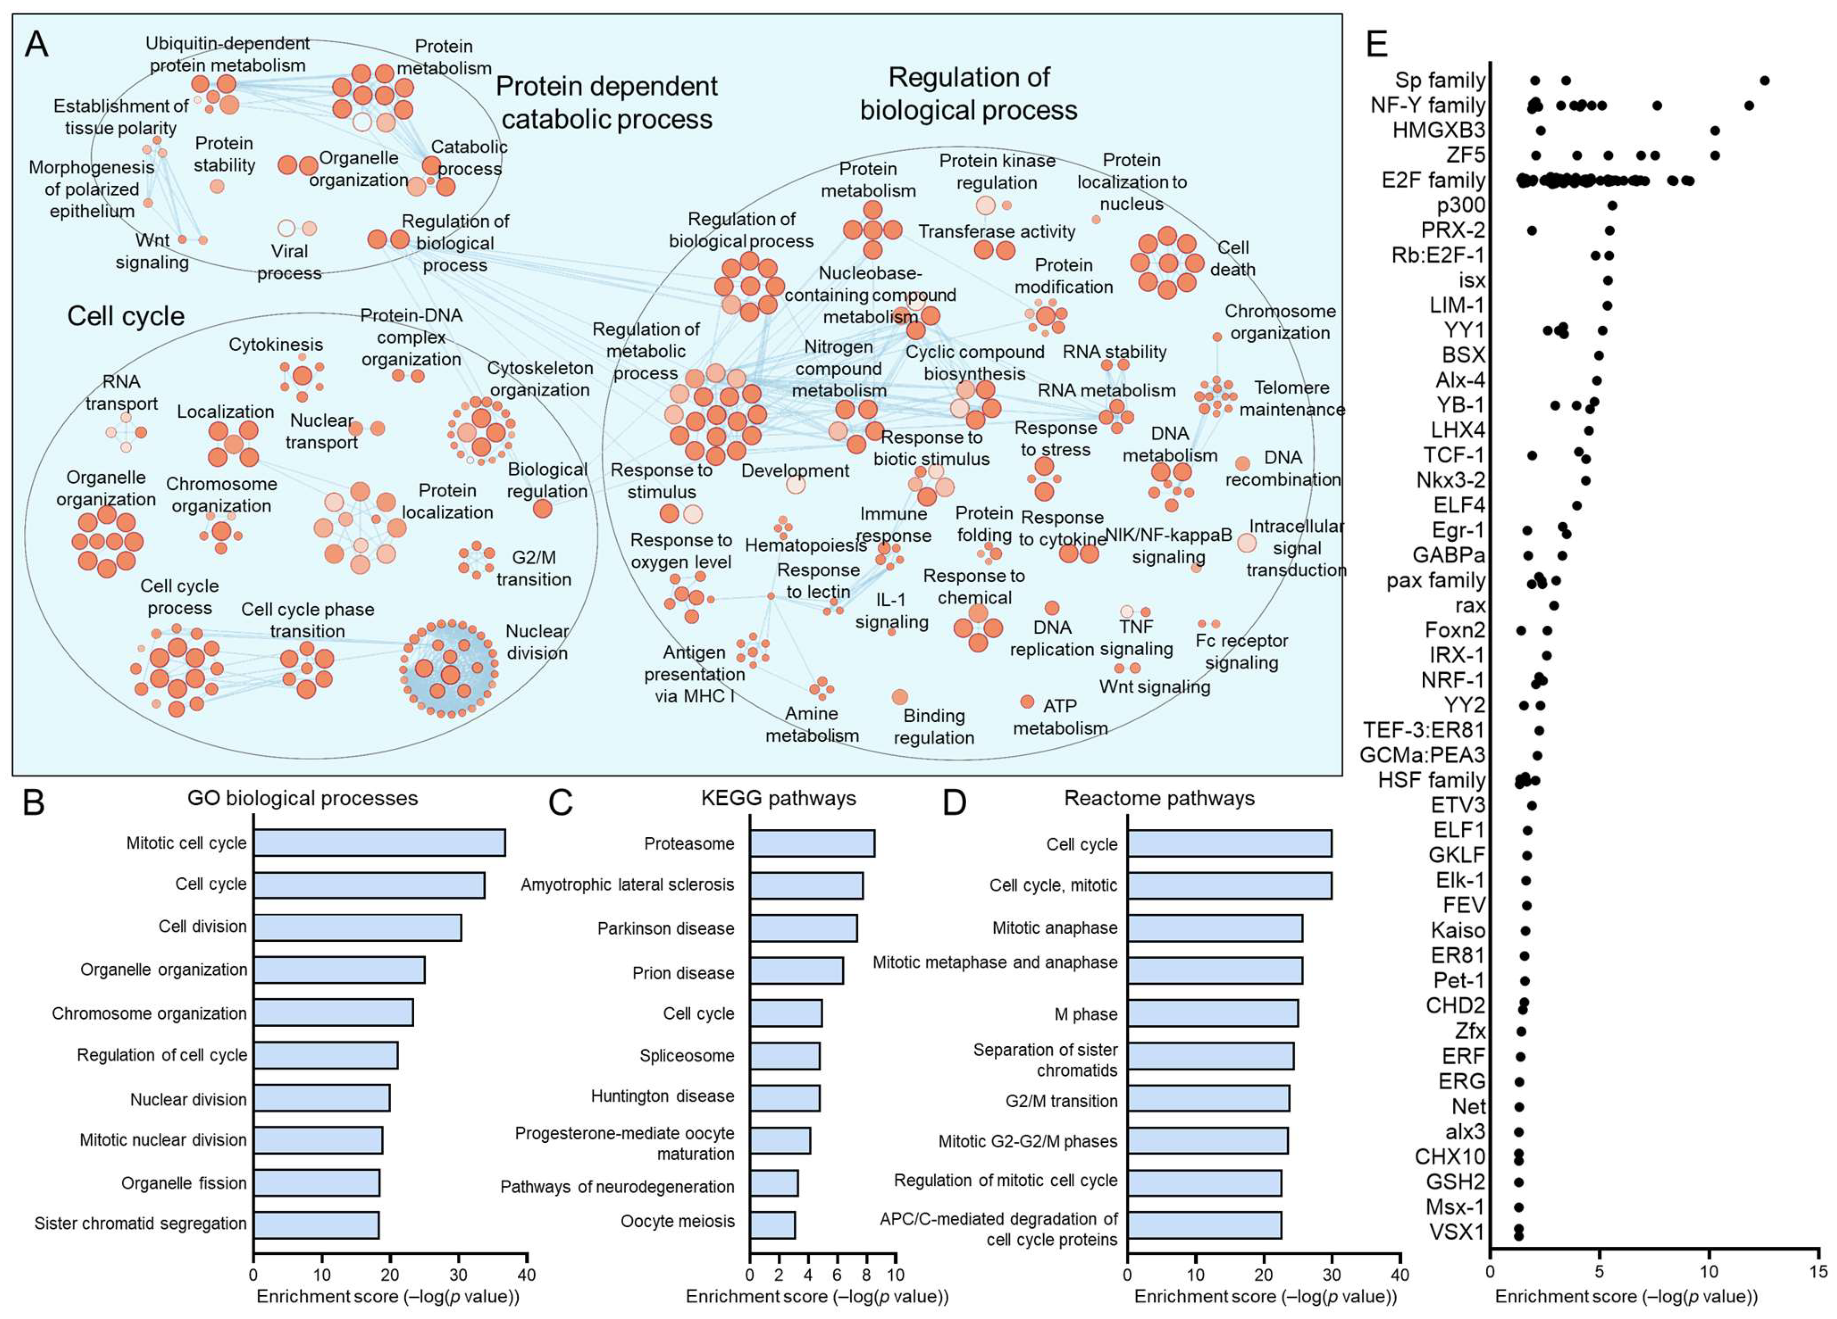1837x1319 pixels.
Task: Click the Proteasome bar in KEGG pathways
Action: [x=811, y=843]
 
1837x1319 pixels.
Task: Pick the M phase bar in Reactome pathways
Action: [x=1212, y=1013]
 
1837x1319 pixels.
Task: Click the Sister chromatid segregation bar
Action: [x=316, y=1224]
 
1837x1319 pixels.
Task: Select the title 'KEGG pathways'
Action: [x=779, y=798]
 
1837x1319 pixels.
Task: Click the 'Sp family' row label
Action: [x=1439, y=80]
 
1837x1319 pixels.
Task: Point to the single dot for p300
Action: [x=1612, y=206]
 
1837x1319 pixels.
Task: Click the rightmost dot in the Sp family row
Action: [x=1764, y=80]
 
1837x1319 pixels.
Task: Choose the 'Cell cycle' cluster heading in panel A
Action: [x=125, y=316]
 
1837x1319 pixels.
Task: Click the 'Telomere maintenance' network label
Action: [x=1291, y=399]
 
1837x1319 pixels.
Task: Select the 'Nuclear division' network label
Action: [x=536, y=641]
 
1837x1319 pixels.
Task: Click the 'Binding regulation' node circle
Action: [x=900, y=697]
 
